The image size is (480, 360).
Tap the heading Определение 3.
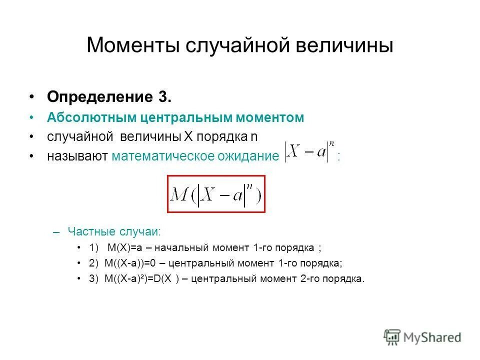tap(109, 96)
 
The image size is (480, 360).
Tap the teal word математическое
tap(161, 156)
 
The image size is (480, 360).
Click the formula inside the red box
tap(215, 194)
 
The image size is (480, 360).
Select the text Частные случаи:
tap(114, 232)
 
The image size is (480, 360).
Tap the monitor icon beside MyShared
tap(392, 337)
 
